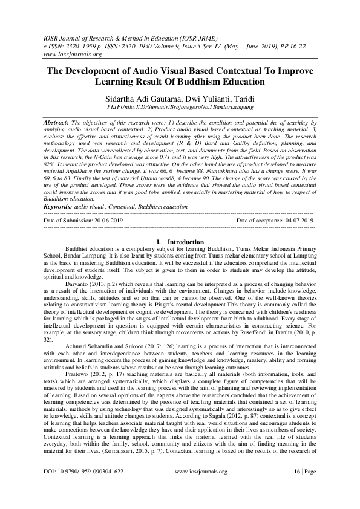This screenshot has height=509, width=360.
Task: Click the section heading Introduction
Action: pos(185,242)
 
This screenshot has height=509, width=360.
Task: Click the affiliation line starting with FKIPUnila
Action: pos(179,107)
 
